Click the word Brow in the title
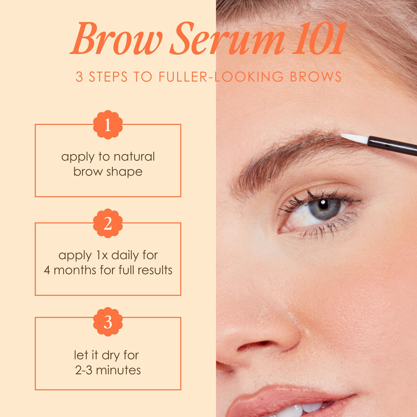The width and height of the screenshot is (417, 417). [x=116, y=39]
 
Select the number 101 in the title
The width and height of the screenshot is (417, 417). [x=319, y=39]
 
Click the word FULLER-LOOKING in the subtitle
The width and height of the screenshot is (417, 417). [x=221, y=77]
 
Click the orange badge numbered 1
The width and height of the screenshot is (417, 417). [x=108, y=125]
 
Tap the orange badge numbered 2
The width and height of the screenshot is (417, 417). [x=108, y=223]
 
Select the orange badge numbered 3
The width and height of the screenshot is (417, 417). [x=108, y=322]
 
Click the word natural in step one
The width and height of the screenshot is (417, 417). [x=134, y=157]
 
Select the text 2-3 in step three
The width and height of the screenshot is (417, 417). [x=84, y=370]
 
